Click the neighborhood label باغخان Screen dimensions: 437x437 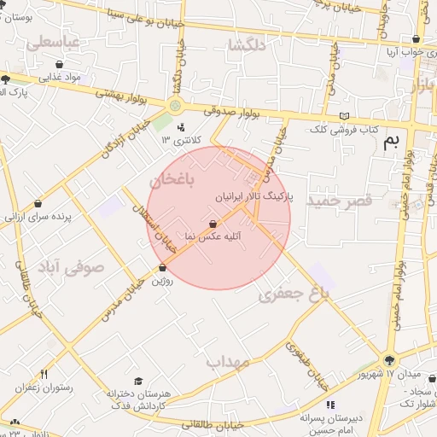coord(172,181)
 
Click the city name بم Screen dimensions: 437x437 coord(391,142)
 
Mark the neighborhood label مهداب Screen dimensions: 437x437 coord(226,362)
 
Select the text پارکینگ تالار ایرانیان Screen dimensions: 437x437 coord(255,195)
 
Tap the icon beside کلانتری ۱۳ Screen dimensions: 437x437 coord(180,128)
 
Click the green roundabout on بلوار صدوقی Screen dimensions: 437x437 coord(175,106)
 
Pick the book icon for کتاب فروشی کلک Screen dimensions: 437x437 coord(344,116)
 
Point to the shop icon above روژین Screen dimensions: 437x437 coord(162,269)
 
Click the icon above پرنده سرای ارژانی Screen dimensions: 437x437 coord(38,204)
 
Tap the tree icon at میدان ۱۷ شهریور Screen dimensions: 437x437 coord(389,361)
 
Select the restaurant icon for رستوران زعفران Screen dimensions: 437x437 coord(44,374)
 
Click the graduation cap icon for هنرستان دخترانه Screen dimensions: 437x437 coord(138,382)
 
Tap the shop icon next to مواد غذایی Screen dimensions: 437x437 coord(58,64)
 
